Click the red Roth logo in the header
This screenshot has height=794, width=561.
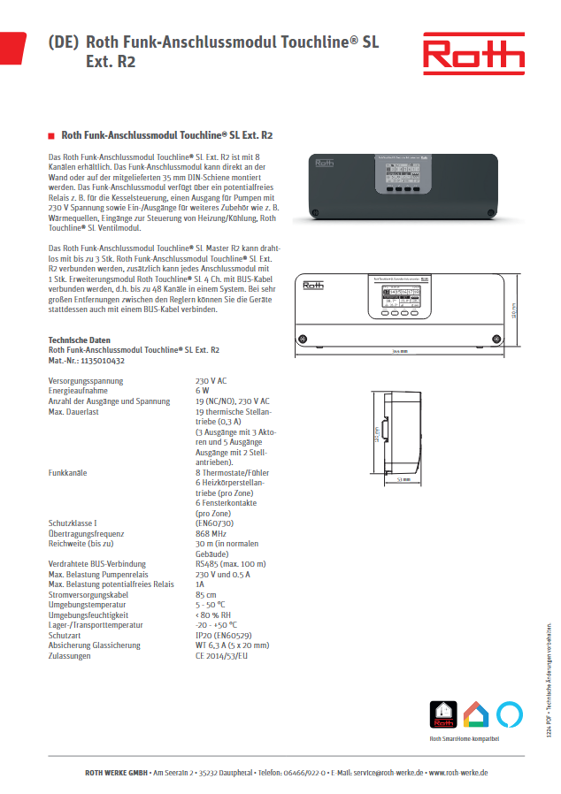473,55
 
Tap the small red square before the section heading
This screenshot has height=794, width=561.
51,136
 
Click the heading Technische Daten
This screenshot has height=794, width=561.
79,340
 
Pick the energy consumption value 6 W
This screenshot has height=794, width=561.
203,390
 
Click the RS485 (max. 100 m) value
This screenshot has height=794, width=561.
230,563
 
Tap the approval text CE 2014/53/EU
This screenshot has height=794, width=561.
222,655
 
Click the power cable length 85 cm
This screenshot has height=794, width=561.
205,594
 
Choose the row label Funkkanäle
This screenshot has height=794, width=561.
68,472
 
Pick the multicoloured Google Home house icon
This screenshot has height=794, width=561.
476,690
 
